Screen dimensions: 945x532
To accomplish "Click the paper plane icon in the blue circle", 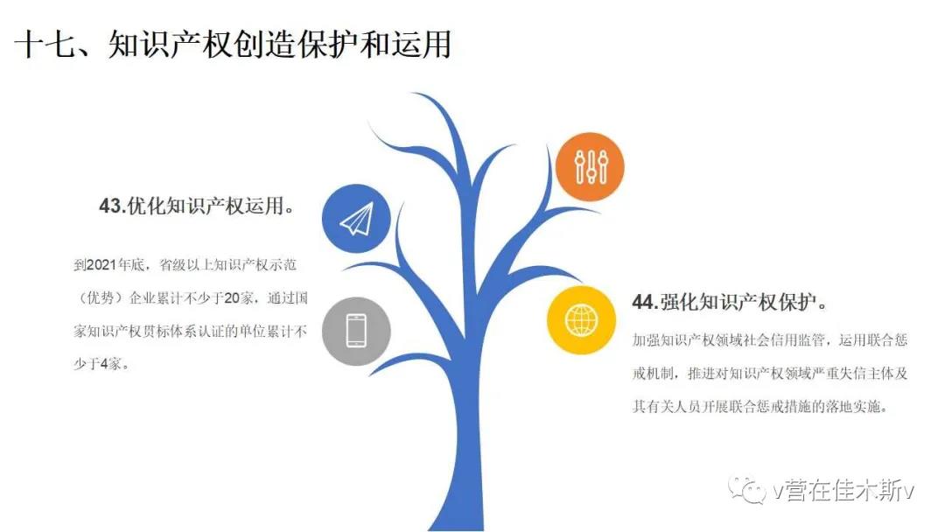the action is point(357,219).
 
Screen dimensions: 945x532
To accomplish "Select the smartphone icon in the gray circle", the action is point(356,331).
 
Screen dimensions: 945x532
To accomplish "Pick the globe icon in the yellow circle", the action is point(582,320).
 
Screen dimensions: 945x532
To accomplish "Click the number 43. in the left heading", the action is point(113,206).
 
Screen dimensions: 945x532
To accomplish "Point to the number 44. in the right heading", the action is point(646,302).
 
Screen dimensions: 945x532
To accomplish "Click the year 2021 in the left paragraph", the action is point(101,265).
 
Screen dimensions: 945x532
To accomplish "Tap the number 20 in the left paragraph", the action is point(231,298).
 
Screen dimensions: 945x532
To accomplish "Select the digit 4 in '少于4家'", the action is point(103,364).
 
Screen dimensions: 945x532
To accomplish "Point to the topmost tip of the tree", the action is point(413,94).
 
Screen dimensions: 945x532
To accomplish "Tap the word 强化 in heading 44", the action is point(679,302).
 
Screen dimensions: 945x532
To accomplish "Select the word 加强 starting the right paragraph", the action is point(646,340).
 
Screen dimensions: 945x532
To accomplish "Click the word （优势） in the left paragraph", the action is point(100,298).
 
